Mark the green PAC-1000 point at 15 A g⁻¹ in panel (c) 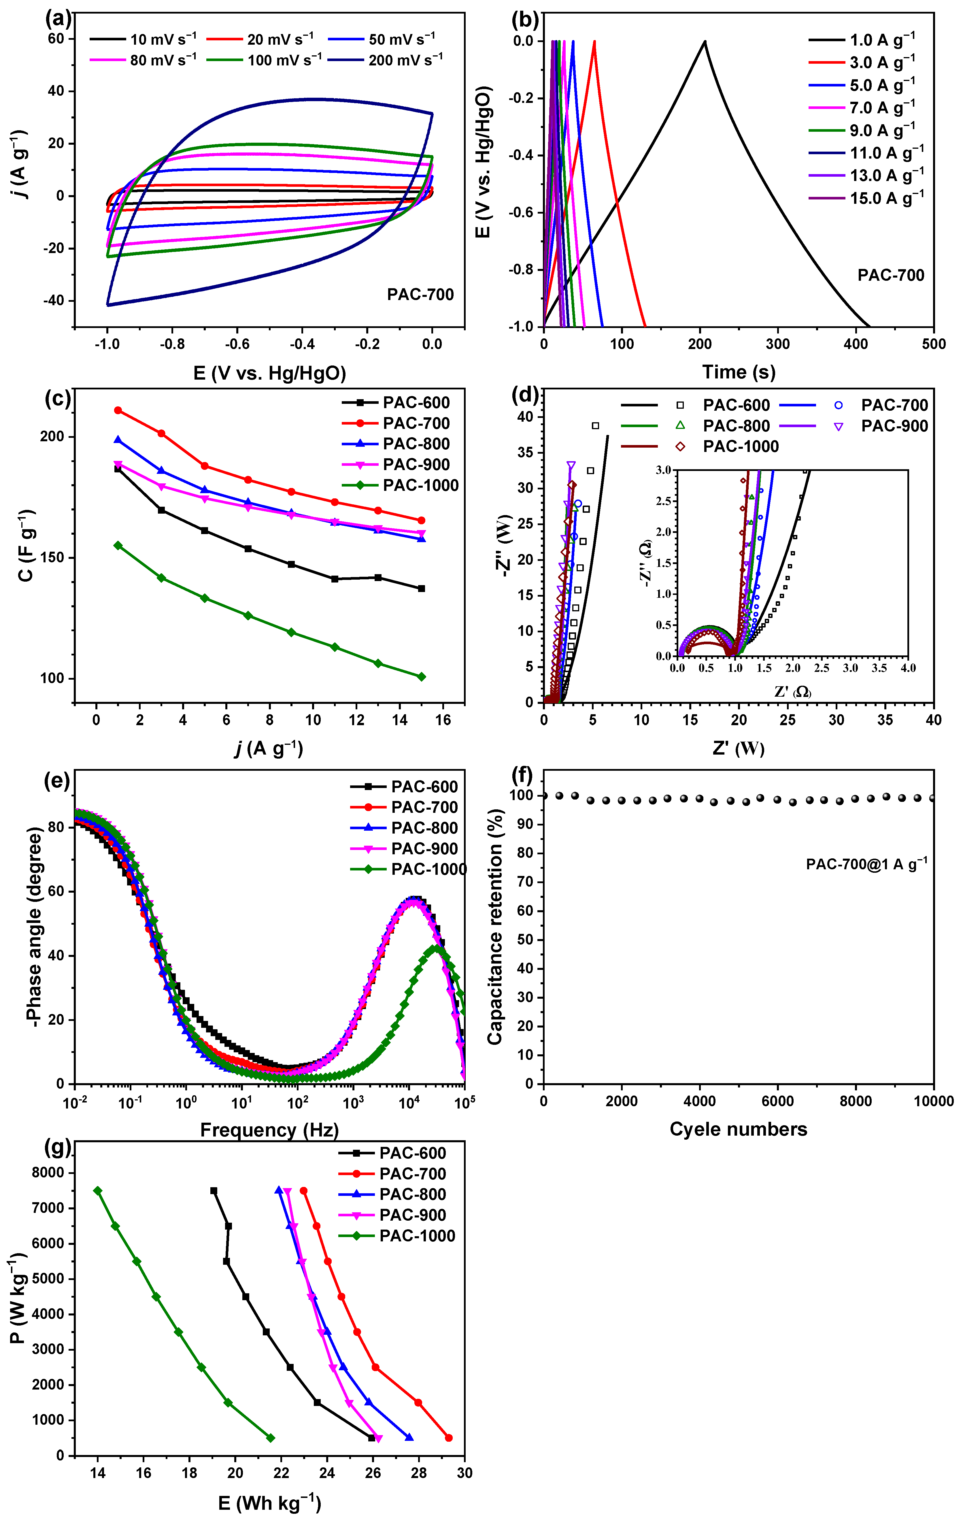422,677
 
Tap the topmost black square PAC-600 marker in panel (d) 595,426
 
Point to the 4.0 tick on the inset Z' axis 908,668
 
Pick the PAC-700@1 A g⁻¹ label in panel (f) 866,864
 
